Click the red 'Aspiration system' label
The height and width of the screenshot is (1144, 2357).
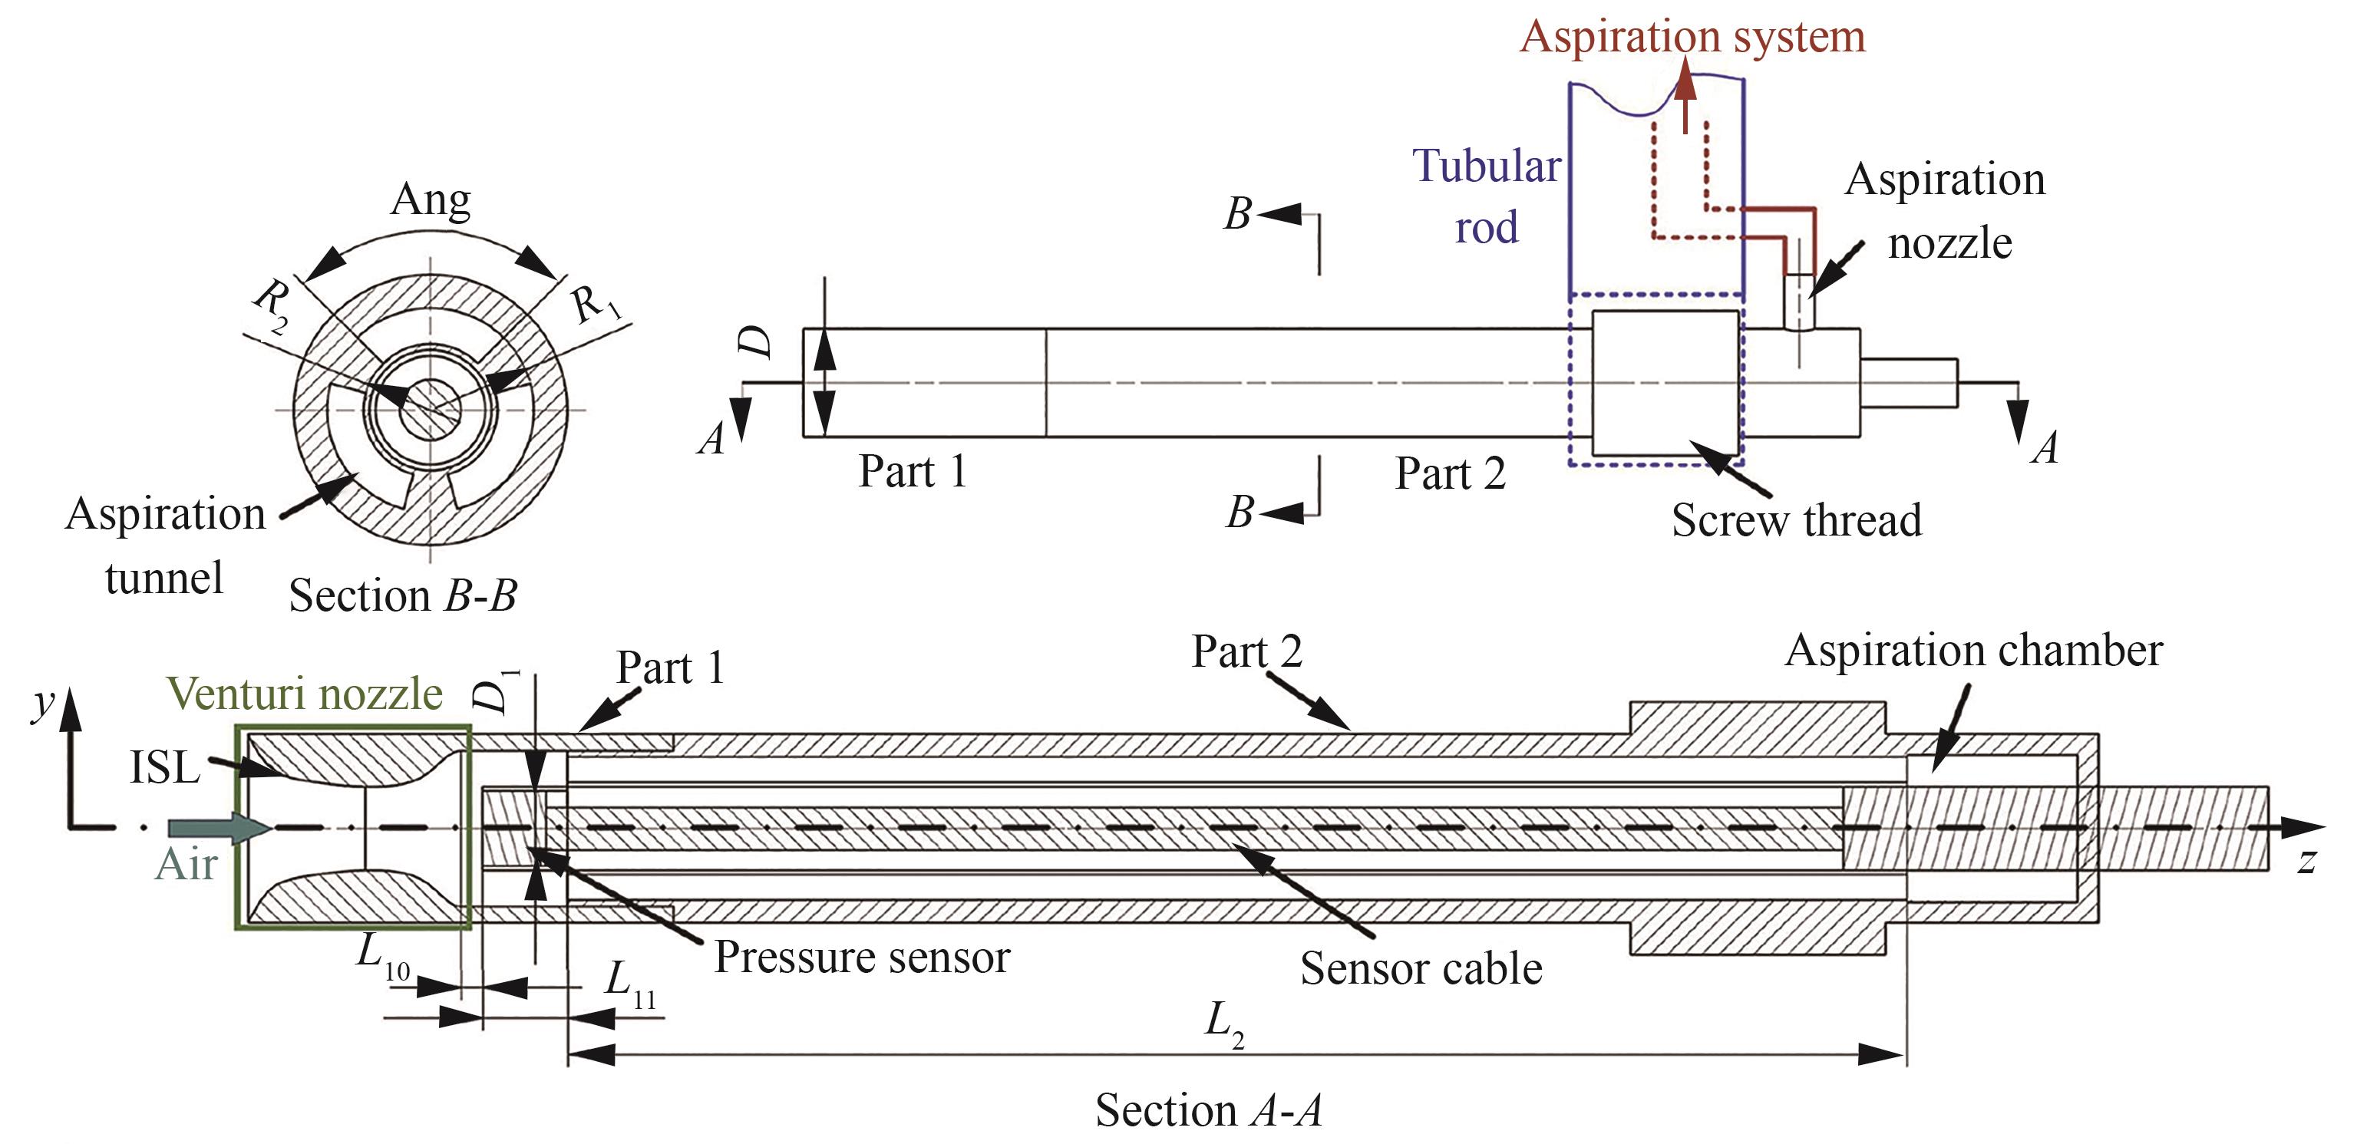coord(1692,37)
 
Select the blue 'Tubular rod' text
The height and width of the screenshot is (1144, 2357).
coord(1487,196)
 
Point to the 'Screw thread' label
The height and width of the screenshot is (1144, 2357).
coord(1796,519)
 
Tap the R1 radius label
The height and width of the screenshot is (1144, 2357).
coord(596,304)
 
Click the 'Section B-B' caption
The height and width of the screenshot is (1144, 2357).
coord(403,595)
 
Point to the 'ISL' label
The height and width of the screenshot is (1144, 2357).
coord(165,767)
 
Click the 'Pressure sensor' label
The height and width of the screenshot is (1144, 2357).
coord(861,957)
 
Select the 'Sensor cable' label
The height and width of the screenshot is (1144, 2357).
coord(1421,968)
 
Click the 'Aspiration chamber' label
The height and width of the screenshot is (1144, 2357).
coord(1972,650)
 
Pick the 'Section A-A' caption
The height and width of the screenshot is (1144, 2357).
coord(1209,1109)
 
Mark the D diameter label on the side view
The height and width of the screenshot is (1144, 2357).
coord(757,342)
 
